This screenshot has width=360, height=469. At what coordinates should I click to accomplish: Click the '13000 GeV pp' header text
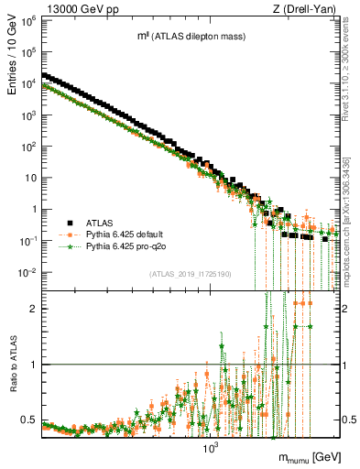(x=75, y=8)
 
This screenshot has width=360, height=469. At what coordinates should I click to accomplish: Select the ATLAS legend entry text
(x=98, y=222)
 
